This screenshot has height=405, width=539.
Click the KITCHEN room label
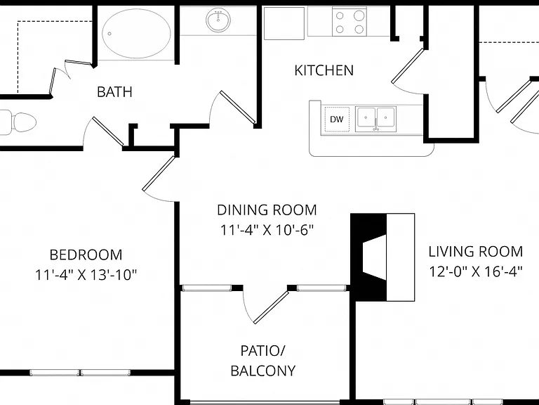324,70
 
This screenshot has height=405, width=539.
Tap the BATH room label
114,92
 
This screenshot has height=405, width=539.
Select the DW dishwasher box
337,119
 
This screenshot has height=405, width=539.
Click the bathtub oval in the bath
136,34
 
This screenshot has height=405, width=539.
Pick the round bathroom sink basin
218,20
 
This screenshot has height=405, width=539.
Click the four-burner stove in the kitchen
350,22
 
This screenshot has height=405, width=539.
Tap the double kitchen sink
375,119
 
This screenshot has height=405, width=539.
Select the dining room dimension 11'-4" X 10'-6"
267,230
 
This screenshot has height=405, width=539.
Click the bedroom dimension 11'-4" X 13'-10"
86,275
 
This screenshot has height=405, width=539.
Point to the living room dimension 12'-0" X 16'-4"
476,271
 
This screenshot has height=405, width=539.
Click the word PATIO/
262,351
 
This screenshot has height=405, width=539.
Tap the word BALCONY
263,371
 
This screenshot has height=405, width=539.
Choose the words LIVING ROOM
476,252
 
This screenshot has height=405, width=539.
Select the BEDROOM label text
86,255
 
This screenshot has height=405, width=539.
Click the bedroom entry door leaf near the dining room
159,173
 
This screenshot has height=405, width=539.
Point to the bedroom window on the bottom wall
80,372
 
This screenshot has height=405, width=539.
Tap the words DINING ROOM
267,210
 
